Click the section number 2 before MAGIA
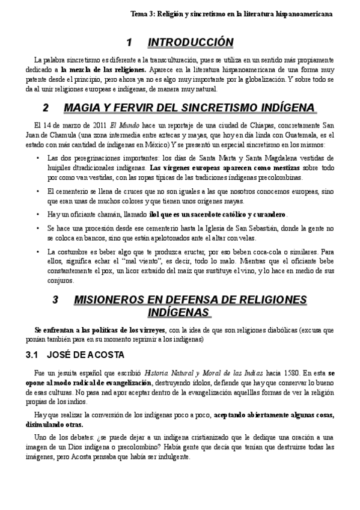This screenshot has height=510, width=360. point(46,108)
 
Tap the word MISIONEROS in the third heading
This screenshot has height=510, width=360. point(115,300)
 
